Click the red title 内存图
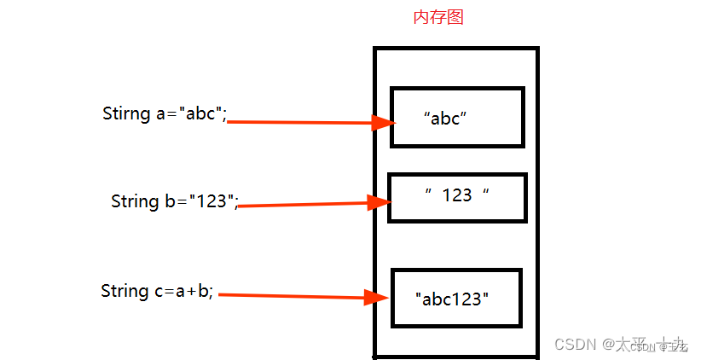[x=437, y=17]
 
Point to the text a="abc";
[x=192, y=113]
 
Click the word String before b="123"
[x=134, y=201]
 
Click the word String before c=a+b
[x=125, y=291]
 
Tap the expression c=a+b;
[x=185, y=292]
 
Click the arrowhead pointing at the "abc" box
[x=383, y=123]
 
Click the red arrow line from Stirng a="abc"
[x=298, y=122]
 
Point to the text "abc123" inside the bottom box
[x=453, y=299]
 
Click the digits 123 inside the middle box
[x=457, y=195]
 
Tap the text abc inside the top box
[x=446, y=119]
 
